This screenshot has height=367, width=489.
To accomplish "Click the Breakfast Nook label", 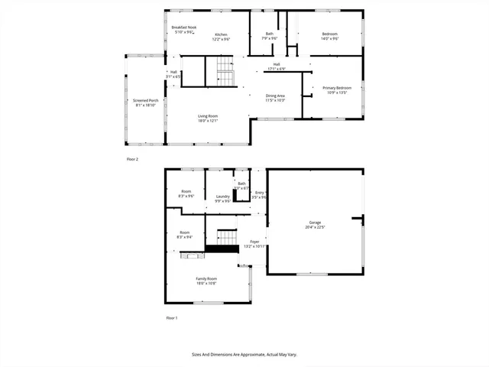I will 183,29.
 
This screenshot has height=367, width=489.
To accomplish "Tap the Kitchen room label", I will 221,36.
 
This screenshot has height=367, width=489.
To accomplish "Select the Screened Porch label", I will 146,102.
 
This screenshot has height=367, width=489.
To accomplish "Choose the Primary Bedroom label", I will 337,90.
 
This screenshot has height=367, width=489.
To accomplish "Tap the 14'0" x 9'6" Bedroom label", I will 329,36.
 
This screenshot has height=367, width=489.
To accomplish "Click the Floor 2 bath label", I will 269,36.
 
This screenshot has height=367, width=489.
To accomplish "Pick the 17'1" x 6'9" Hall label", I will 276,66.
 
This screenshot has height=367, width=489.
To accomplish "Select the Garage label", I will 315,225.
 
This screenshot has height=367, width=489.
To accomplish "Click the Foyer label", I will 253,245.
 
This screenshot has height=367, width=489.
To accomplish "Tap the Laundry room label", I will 222,199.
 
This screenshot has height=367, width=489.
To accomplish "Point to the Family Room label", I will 206,281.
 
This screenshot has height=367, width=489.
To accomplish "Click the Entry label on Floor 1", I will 259,195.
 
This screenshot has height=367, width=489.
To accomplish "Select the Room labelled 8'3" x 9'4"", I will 185,235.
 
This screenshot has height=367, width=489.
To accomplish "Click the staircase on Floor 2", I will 224,74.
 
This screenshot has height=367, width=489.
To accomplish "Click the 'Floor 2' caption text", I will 132,159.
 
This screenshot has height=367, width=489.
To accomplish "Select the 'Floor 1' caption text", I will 172,317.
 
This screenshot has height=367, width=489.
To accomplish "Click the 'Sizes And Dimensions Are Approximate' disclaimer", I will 244,355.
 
